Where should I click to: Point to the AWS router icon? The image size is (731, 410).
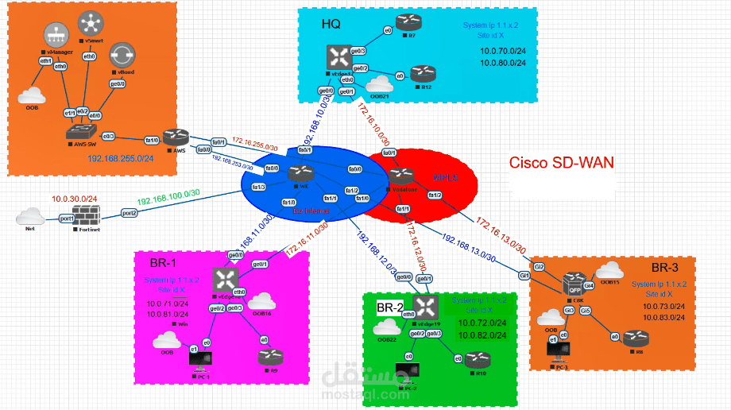[174, 137]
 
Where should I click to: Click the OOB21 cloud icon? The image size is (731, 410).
[381, 83]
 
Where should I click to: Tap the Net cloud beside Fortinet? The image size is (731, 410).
[30, 215]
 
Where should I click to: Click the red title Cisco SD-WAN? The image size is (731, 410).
[561, 163]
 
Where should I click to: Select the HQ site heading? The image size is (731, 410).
[331, 24]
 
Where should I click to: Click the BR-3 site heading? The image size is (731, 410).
[664, 267]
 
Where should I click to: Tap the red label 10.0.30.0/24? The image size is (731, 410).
[74, 198]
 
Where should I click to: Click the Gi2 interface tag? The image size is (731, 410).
[539, 267]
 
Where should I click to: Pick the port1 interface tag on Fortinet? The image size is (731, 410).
[67, 218]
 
